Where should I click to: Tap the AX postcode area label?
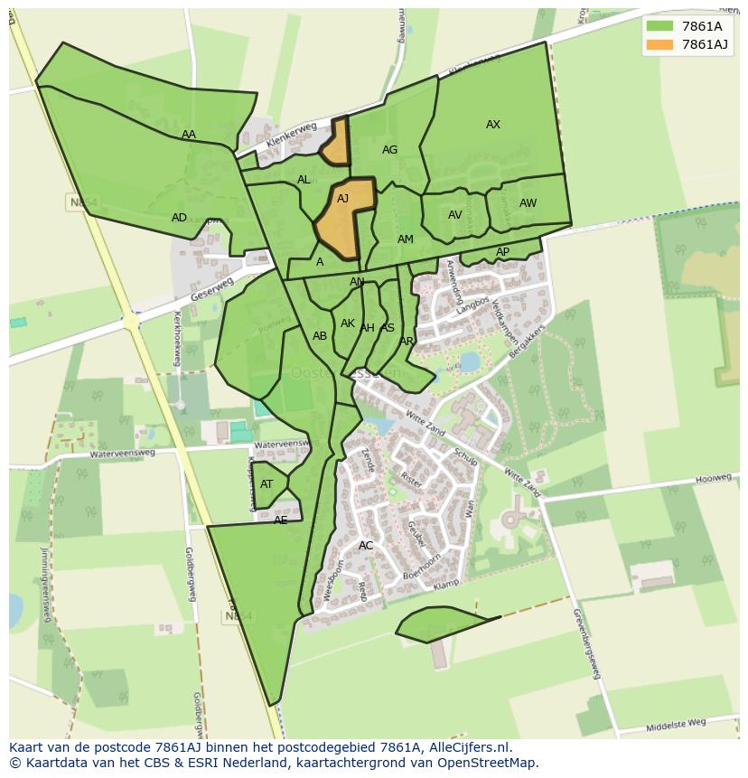click(493, 125)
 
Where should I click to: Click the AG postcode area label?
click(389, 150)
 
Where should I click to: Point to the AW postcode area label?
click(528, 203)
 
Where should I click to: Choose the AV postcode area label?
click(455, 215)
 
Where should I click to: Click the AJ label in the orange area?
click(343, 199)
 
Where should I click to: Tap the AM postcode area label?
click(406, 239)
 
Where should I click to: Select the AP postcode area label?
click(502, 252)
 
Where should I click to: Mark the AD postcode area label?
click(179, 218)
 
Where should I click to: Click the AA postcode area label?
click(188, 135)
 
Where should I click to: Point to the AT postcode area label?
click(266, 484)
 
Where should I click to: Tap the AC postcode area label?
click(366, 546)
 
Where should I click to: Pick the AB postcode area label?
click(320, 336)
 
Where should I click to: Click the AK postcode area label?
click(348, 323)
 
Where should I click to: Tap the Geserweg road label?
click(212, 290)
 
